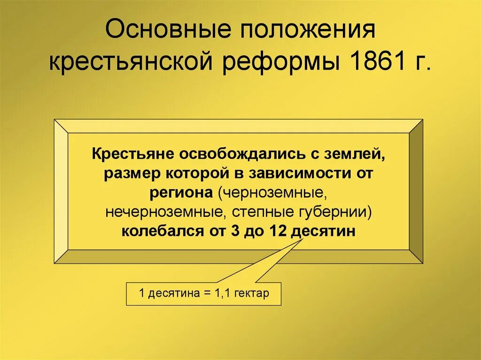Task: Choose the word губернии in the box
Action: coord(331,213)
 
